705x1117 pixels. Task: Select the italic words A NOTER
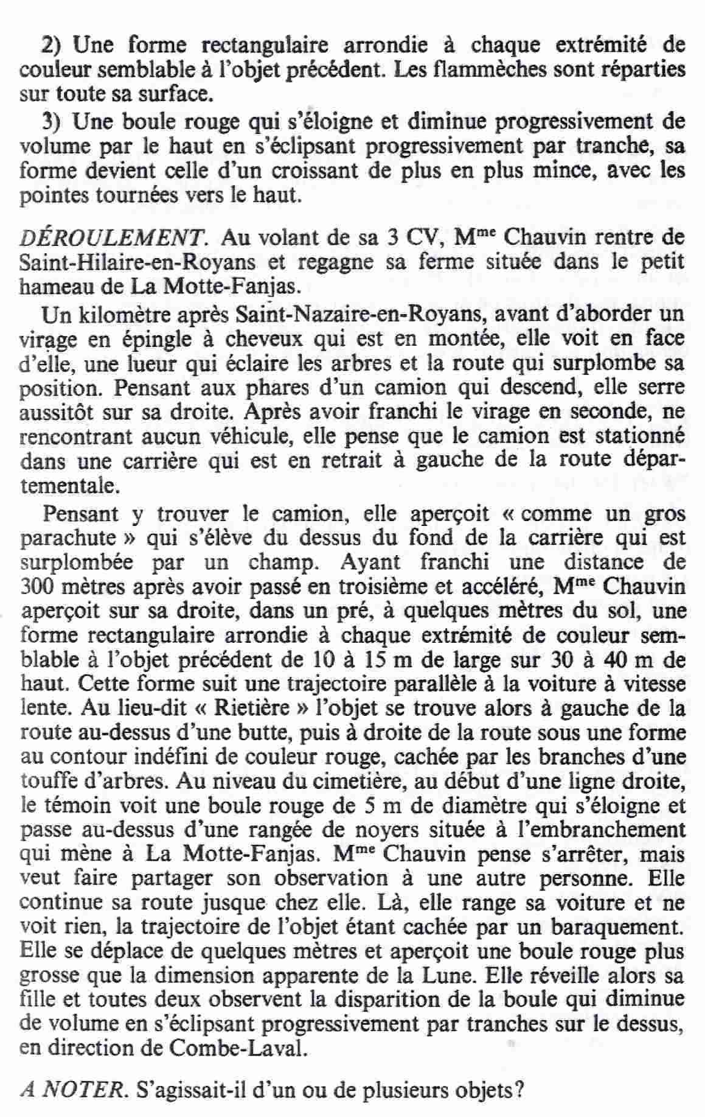[71, 1090]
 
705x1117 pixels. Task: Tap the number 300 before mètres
[38, 587]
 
